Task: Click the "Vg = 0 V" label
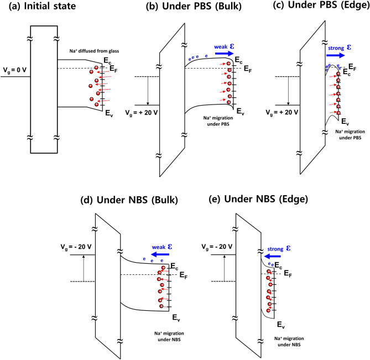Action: coord(15,71)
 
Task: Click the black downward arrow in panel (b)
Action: coord(148,90)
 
